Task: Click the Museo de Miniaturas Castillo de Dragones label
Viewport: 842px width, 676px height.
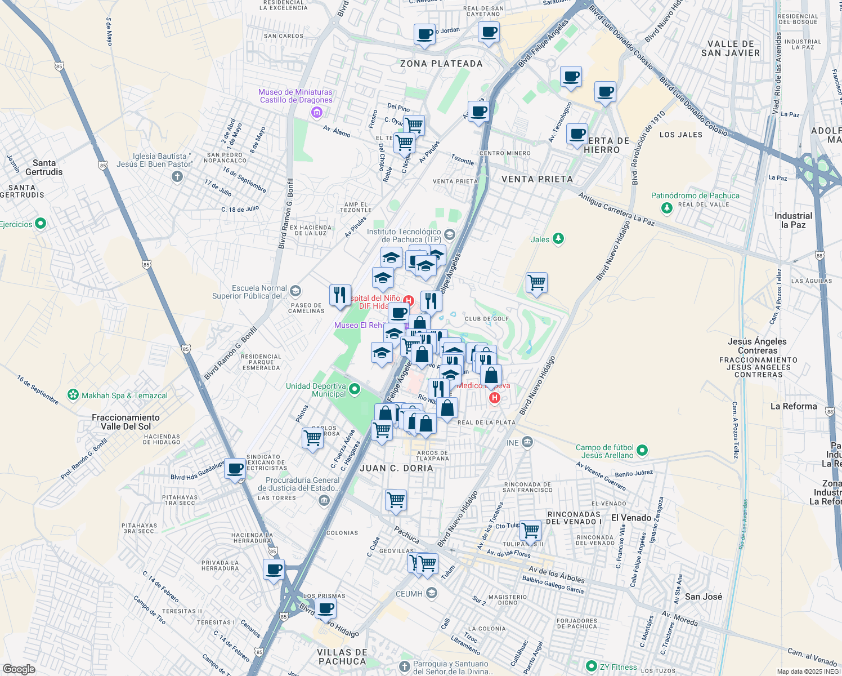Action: (x=295, y=96)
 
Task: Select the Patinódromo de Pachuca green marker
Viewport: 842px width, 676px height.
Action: (x=667, y=208)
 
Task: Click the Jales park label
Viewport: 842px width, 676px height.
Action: (x=540, y=239)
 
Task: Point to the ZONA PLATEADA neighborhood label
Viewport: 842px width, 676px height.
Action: (x=441, y=64)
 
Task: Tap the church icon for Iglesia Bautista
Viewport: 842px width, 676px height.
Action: (x=177, y=177)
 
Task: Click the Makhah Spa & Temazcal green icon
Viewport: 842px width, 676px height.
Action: (x=73, y=395)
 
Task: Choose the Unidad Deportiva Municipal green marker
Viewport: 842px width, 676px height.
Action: (x=355, y=389)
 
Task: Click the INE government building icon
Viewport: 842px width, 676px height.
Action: (x=527, y=442)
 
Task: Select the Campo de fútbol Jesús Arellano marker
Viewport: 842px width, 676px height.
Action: (x=643, y=451)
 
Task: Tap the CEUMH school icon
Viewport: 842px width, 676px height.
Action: (x=432, y=593)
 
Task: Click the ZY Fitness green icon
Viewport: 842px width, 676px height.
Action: (x=591, y=666)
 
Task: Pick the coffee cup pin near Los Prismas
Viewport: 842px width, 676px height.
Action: (x=325, y=609)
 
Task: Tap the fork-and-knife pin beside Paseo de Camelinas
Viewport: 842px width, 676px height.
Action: (x=340, y=295)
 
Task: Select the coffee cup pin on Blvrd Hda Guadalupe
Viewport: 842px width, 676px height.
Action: (x=235, y=468)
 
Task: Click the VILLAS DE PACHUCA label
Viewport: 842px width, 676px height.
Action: (x=342, y=657)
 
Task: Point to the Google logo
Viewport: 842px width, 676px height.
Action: (x=19, y=669)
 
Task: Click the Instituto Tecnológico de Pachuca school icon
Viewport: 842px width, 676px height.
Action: (x=449, y=234)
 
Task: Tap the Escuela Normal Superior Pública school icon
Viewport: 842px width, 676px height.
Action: (x=296, y=291)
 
